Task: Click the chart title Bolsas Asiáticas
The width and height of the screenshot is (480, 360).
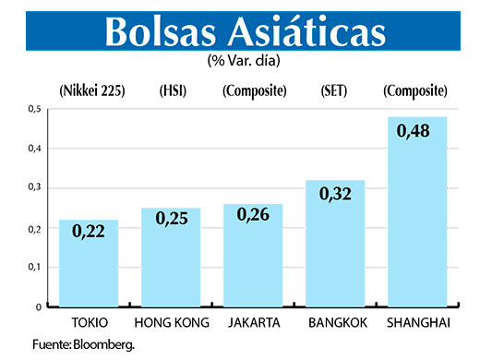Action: [x=245, y=30]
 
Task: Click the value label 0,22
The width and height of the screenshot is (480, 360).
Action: [x=89, y=231]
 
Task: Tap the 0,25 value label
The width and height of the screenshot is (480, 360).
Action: [x=171, y=220]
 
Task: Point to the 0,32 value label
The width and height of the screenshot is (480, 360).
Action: [x=334, y=194]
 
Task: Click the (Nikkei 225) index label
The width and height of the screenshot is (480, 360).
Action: [x=90, y=90]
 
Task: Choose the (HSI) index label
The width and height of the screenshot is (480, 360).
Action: [x=172, y=90]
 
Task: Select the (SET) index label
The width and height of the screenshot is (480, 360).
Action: [x=334, y=90]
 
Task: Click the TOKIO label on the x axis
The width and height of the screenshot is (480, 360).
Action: [x=90, y=322]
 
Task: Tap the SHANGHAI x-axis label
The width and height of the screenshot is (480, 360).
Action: [x=417, y=322]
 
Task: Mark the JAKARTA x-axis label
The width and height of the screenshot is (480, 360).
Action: [x=254, y=322]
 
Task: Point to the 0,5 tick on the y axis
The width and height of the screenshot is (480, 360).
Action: [x=35, y=109]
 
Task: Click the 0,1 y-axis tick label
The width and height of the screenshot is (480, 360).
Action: [x=35, y=267]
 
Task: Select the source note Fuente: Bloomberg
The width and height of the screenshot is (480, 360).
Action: [x=83, y=344]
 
